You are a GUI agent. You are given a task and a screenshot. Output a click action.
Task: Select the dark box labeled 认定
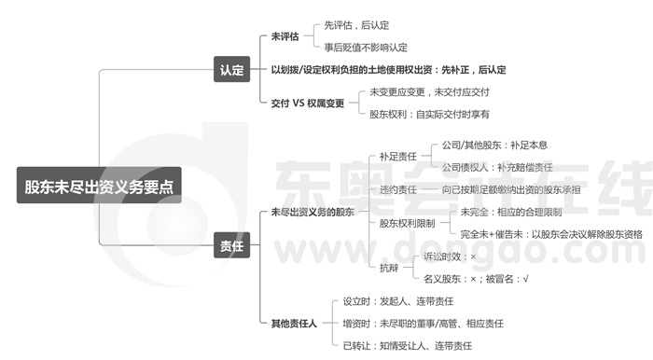coord(231,69)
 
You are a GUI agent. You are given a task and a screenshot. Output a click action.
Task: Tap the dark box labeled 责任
coord(231,246)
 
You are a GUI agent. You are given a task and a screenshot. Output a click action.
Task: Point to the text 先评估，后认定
coord(357,26)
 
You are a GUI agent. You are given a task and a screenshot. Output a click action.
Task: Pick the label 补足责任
coord(397,158)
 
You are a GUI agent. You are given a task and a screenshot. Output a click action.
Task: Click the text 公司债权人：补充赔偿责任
coord(497,168)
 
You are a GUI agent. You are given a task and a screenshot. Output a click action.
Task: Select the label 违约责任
coord(397,189)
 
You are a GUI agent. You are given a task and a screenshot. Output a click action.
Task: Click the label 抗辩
coord(388,267)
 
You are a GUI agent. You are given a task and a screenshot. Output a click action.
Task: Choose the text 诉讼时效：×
coord(450,256)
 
